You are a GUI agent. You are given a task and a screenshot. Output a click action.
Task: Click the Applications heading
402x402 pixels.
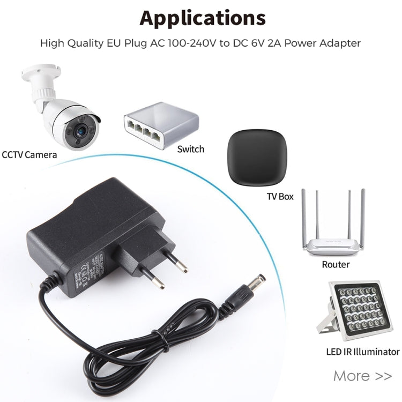tap(203, 18)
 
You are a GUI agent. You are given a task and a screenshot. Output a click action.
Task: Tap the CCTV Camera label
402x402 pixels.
tap(29, 155)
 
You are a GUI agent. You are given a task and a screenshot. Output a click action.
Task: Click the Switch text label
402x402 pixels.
tap(191, 149)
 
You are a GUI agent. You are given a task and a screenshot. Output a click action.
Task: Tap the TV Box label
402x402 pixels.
tap(280, 196)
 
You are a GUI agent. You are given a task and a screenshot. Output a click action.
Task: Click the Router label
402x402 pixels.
tap(336, 264)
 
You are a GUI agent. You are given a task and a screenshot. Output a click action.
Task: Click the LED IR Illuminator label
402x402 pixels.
tap(363, 352)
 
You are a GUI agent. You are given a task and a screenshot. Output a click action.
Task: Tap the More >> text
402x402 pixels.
tap(362, 376)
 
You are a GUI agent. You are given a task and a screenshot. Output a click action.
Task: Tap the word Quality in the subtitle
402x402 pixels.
tap(92, 43)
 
